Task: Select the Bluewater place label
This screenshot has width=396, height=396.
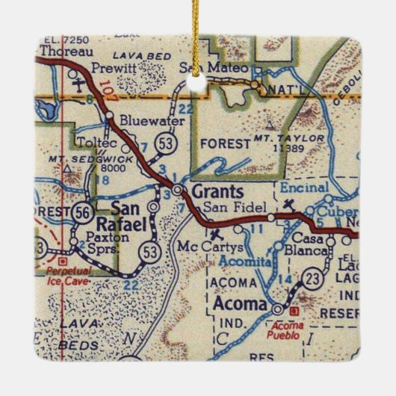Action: (x=144, y=117)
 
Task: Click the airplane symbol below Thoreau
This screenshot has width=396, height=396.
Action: (x=80, y=85)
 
